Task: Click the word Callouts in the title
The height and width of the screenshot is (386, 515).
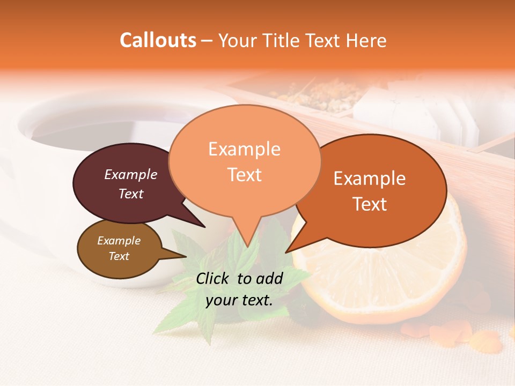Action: pos(158,40)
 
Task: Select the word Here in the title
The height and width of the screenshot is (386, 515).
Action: pos(366,40)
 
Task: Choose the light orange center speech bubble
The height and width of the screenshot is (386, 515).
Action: pos(245,161)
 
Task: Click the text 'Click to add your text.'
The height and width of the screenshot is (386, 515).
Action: pos(239,289)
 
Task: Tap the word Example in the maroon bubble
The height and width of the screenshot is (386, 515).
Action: pos(131,175)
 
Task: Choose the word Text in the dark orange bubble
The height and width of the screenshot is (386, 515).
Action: pos(370,204)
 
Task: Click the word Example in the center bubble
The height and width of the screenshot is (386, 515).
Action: pos(245,149)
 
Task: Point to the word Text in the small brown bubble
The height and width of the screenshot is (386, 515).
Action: pos(119,256)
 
